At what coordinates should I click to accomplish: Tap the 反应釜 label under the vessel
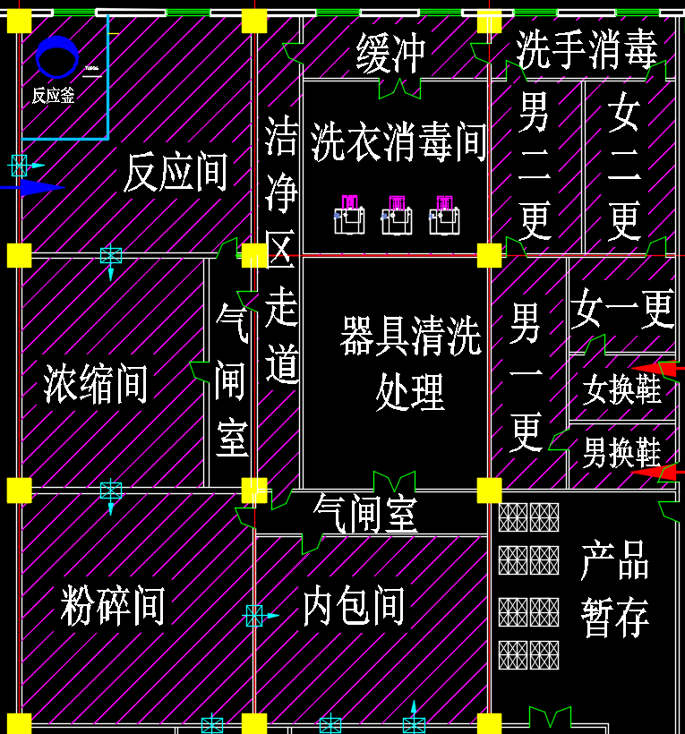click(x=54, y=96)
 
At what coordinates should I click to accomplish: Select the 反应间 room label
click(x=176, y=172)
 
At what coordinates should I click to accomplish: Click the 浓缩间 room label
click(x=96, y=385)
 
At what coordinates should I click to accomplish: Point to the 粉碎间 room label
click(x=113, y=606)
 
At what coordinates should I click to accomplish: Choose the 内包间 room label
click(x=354, y=606)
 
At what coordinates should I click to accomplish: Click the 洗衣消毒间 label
click(x=398, y=142)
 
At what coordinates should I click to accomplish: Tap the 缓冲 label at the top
click(x=390, y=53)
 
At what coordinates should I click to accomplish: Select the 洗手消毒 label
click(x=587, y=49)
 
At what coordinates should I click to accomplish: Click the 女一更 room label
click(x=622, y=310)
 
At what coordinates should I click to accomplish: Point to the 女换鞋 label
click(x=621, y=389)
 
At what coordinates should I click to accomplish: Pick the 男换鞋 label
click(x=621, y=452)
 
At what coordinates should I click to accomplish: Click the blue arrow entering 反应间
click(x=31, y=187)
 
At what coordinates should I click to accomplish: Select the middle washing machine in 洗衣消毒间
click(x=397, y=216)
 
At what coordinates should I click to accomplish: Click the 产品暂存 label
click(x=614, y=588)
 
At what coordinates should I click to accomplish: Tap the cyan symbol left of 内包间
click(x=255, y=615)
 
